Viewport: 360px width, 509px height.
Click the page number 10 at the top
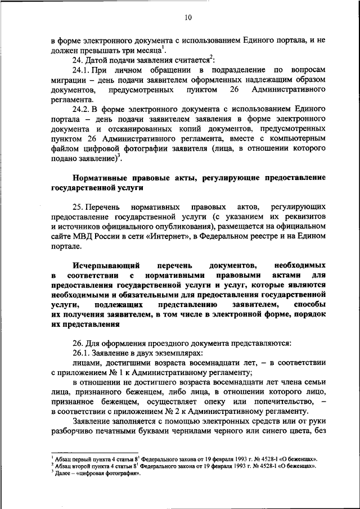click(x=188, y=18)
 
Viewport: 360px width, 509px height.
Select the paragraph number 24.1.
click(x=82, y=69)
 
